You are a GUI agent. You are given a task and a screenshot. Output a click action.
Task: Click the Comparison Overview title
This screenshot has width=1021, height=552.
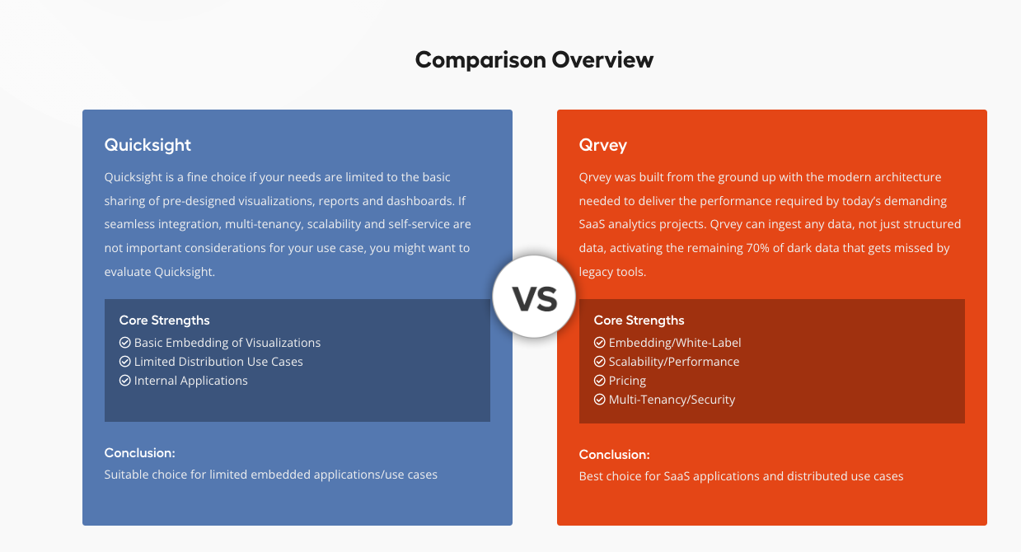pos(534,60)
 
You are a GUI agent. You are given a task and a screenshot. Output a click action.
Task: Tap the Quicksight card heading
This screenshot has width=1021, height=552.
pos(148,145)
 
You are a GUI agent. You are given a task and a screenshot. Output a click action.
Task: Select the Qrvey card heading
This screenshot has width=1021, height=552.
pos(603,145)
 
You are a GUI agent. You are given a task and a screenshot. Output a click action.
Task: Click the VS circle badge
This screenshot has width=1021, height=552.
pos(534,297)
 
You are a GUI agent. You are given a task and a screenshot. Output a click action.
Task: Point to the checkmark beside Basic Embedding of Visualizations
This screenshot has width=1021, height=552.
pos(125,342)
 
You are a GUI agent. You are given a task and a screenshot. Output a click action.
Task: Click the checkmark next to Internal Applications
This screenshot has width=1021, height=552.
pos(125,380)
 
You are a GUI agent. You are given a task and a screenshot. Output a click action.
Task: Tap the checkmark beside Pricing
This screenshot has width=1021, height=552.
pos(599,380)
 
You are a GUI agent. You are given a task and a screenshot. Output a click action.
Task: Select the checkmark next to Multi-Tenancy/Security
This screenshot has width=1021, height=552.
pos(599,400)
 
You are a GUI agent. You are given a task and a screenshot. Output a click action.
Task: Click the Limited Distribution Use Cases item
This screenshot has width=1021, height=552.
pos(218,362)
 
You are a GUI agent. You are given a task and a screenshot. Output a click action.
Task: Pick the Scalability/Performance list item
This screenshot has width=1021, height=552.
pos(674,362)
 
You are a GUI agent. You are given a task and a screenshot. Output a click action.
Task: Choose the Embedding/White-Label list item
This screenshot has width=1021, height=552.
pos(675,342)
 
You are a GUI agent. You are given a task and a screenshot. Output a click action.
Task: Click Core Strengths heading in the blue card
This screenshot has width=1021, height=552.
pos(165,320)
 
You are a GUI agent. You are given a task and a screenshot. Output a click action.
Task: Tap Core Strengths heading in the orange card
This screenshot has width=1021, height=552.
pos(639,320)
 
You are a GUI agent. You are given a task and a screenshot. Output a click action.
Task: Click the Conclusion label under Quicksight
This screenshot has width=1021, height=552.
pos(140,452)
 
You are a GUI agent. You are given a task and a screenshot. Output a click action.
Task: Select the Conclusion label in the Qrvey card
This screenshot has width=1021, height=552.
pos(615,455)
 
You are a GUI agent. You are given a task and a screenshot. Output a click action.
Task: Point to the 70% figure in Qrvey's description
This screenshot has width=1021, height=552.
pos(757,248)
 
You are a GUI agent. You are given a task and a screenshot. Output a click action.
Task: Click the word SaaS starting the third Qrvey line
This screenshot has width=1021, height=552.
pos(592,224)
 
